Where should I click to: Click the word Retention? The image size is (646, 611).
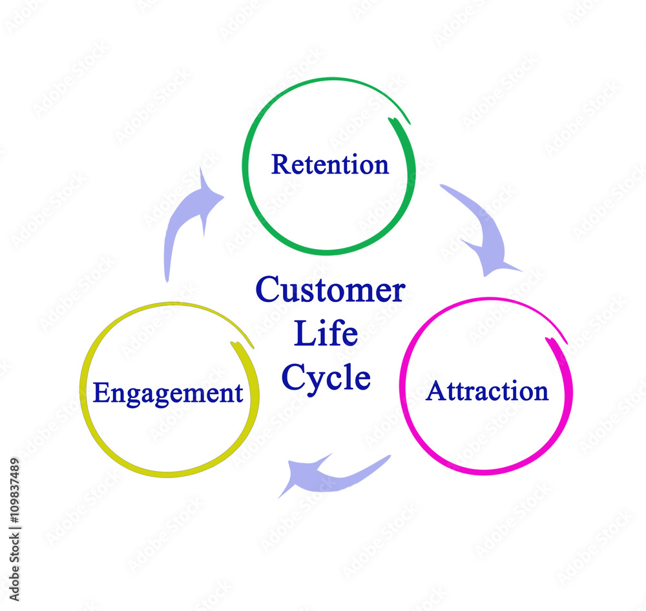pyautogui.click(x=329, y=165)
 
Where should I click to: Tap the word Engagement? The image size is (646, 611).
pyautogui.click(x=168, y=393)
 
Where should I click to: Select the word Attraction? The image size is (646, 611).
pyautogui.click(x=487, y=391)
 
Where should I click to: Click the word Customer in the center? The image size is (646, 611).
pyautogui.click(x=330, y=290)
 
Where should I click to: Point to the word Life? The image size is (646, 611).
pyautogui.click(x=326, y=334)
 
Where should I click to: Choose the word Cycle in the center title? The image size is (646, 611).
pyautogui.click(x=326, y=379)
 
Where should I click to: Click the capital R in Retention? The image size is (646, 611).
pyautogui.click(x=279, y=165)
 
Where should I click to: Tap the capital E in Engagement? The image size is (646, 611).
pyautogui.click(x=100, y=392)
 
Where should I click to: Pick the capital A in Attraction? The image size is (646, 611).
pyautogui.click(x=435, y=391)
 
